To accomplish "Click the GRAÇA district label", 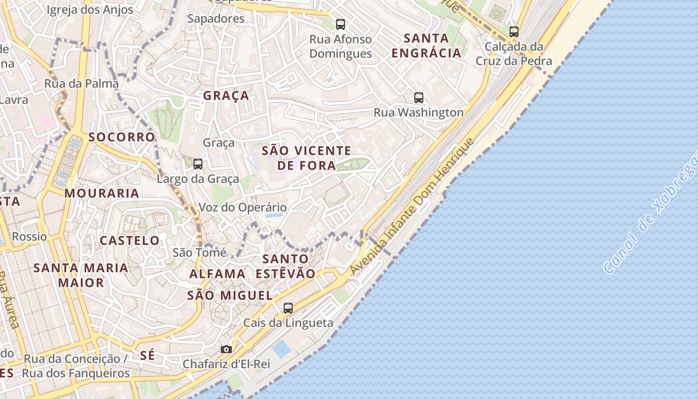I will [226, 96].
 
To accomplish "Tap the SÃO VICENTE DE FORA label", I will [307, 158].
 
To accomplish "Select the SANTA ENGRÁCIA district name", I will [426, 45].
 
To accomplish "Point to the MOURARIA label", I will [102, 194].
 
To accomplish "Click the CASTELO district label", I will [130, 241].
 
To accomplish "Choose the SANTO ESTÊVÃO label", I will [286, 266].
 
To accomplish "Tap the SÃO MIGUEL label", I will [230, 296].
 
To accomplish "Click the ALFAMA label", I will [217, 274].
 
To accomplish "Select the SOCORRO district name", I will [122, 137].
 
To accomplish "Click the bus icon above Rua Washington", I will [419, 98].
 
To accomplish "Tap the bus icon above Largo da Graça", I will [198, 164].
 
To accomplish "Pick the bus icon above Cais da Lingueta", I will [288, 308].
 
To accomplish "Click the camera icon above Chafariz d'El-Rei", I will [226, 350].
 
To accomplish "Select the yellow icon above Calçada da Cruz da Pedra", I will [514, 32].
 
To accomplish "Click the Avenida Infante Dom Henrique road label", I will [412, 206].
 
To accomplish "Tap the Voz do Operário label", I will [243, 207].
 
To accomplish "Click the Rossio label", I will [29, 236].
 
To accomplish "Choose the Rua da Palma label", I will [81, 83].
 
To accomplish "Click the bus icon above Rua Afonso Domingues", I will [341, 24].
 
